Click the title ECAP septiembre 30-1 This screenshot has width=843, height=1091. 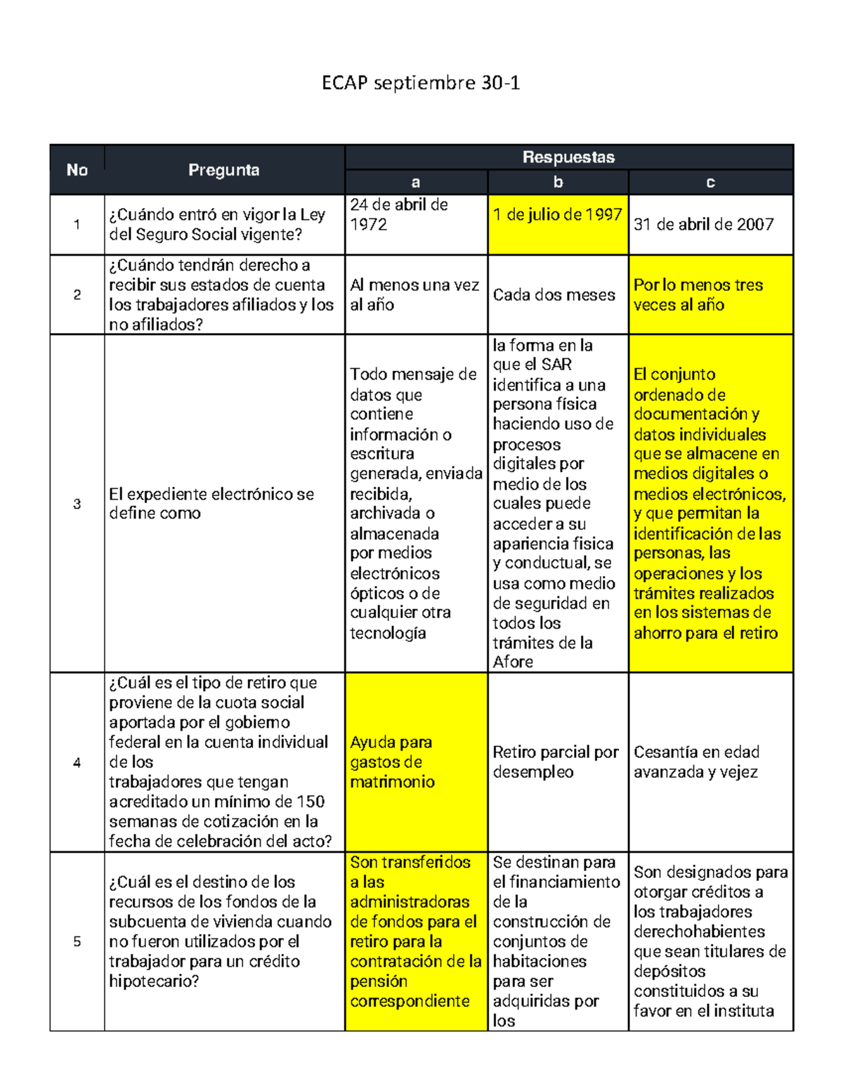[x=421, y=84]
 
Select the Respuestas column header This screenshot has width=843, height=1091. [x=568, y=157]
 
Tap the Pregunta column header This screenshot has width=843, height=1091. [x=223, y=170]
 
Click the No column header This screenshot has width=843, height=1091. [x=77, y=170]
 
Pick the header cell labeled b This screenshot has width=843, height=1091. [x=558, y=183]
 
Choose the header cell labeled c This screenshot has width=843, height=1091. [x=710, y=183]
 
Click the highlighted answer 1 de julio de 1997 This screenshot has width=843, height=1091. [x=558, y=215]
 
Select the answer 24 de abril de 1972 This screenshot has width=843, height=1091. [x=399, y=215]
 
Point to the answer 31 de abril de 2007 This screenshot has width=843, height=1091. [x=704, y=225]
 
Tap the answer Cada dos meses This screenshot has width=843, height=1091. [x=554, y=295]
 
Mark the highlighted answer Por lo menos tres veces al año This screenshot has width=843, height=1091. [x=698, y=295]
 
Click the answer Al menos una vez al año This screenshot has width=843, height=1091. [x=414, y=295]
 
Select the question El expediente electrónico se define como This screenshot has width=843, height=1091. [x=211, y=504]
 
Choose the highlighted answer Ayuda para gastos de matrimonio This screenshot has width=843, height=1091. [x=392, y=762]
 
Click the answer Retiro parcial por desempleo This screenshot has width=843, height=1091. [x=555, y=762]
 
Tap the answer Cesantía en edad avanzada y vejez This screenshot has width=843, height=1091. [x=696, y=762]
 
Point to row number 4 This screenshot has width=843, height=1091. [x=77, y=763]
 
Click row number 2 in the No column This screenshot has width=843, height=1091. [x=77, y=295]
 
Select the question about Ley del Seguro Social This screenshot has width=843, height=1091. [x=216, y=225]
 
